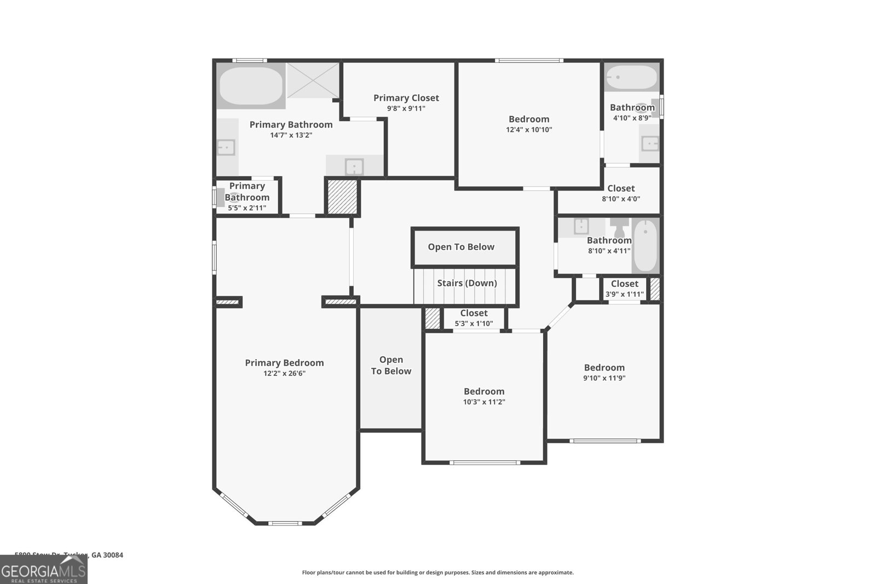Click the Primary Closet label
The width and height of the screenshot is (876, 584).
point(406,98)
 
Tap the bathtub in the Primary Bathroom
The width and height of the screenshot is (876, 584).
point(251,86)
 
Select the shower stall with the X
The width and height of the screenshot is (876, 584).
point(313,80)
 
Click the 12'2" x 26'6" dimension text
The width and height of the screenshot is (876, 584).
point(284,374)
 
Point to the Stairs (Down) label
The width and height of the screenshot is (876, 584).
point(466,283)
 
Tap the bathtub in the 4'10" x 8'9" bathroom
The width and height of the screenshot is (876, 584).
point(632,78)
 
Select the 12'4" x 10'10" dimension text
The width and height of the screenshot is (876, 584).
point(529,130)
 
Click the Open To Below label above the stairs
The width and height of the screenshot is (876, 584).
point(461,247)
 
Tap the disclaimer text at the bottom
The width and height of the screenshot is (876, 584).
point(437,573)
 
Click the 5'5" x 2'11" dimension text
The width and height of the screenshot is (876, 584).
point(247,208)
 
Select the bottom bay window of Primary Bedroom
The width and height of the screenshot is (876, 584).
point(285,523)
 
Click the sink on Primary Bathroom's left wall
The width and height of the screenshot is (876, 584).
point(226,147)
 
